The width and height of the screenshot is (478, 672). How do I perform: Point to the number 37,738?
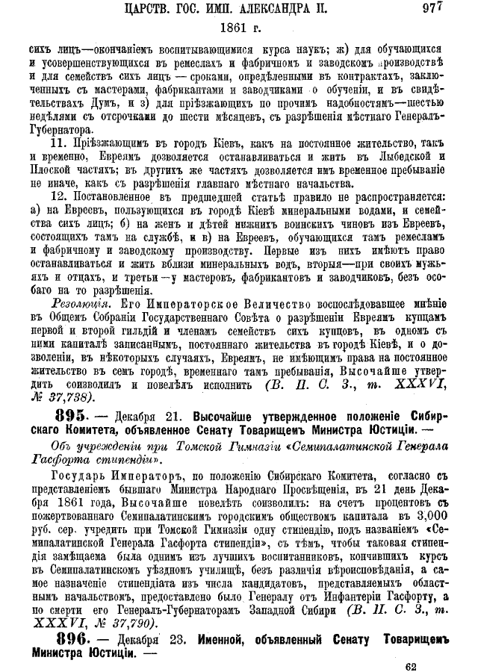[x=77, y=396]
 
